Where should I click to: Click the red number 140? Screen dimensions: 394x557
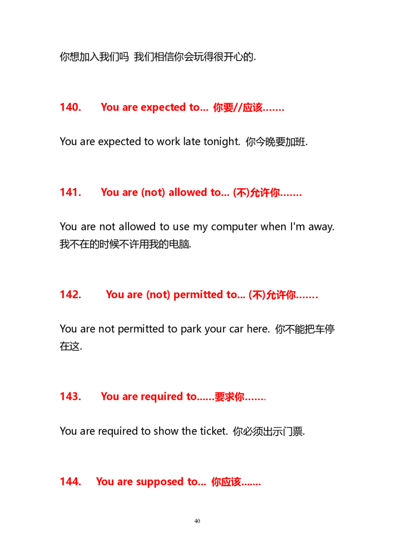(70, 107)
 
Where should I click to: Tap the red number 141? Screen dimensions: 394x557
(70, 192)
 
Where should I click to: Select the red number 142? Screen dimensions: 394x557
(70, 294)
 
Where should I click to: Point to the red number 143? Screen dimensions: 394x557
(70, 397)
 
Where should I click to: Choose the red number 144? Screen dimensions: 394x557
(70, 481)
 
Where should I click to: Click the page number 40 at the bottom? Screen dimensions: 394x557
(197, 521)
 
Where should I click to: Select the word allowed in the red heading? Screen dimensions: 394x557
(188, 192)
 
